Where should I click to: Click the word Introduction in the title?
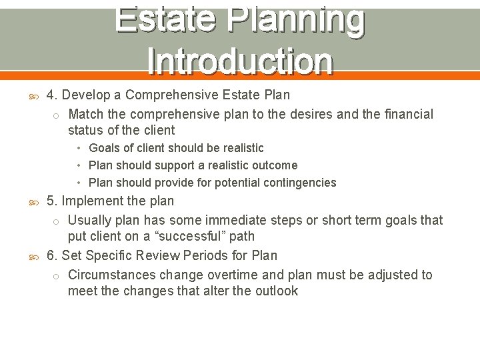[x=240, y=61]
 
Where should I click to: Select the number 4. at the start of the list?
[x=52, y=95]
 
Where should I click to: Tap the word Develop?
[x=87, y=95]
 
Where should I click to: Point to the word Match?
[x=85, y=115]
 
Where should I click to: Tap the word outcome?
[x=275, y=165]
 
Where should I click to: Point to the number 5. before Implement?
[x=52, y=201]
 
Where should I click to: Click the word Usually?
[x=90, y=221]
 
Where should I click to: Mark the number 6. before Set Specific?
[x=52, y=255]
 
